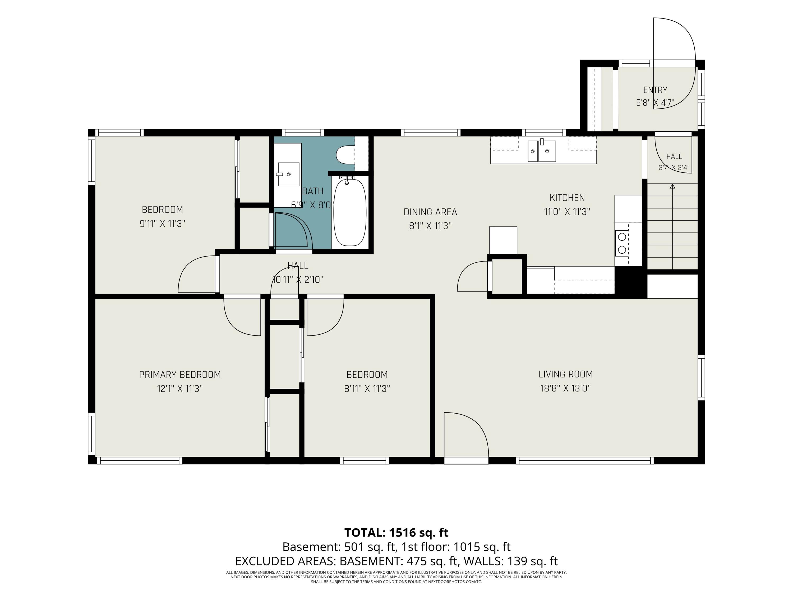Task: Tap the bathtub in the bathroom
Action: pos(350,212)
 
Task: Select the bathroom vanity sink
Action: pos(289,174)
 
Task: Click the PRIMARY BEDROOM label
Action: pos(180,375)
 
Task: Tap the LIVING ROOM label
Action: pos(566,374)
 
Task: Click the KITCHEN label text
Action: pos(567,198)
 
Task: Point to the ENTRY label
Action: pos(655,90)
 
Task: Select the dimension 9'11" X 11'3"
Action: pos(162,224)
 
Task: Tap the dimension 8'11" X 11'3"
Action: pos(367,389)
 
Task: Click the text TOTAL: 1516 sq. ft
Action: pos(396,533)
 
